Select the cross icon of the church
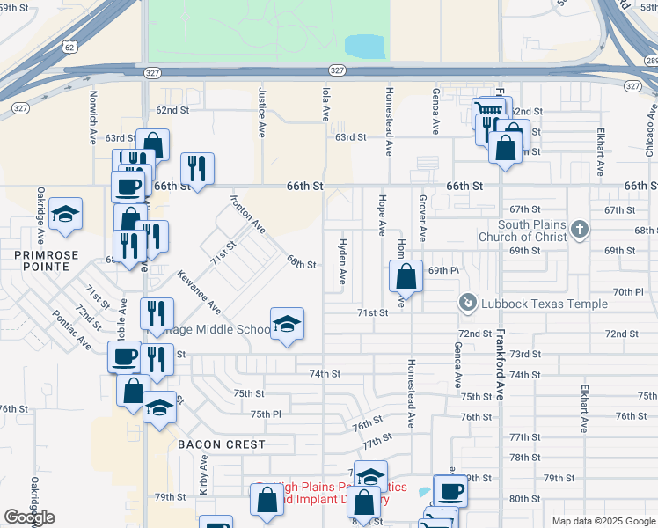point(578,230)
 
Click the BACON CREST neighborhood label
point(221,444)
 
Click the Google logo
point(29,517)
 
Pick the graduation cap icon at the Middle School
point(287,326)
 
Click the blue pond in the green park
point(366,46)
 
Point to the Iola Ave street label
point(325,103)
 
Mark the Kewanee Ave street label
point(208,293)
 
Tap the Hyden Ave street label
point(342,261)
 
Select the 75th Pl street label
point(265,414)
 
